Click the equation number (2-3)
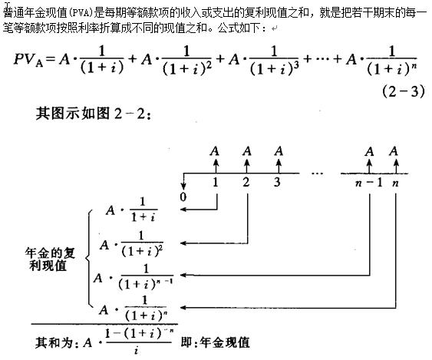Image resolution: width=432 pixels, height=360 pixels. click(x=404, y=91)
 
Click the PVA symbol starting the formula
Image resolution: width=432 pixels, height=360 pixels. click(x=28, y=59)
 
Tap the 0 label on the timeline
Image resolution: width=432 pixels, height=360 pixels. click(x=183, y=197)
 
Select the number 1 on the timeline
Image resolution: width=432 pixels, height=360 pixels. click(x=216, y=182)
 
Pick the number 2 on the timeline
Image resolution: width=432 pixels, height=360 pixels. click(x=246, y=182)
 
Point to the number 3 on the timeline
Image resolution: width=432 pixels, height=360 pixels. click(x=277, y=182)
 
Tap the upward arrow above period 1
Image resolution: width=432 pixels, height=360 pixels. click(x=216, y=165)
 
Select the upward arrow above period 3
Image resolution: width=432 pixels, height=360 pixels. click(x=279, y=165)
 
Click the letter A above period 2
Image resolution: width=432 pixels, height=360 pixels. click(x=247, y=151)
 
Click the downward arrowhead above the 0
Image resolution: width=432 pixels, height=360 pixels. click(x=183, y=187)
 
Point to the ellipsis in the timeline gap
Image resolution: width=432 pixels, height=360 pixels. click(x=317, y=173)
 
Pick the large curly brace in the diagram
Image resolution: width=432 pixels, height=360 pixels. click(x=88, y=259)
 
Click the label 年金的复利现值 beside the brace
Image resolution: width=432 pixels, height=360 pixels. click(x=50, y=259)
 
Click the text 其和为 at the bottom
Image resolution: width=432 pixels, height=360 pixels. click(x=54, y=342)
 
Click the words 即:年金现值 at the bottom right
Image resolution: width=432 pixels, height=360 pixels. click(x=215, y=342)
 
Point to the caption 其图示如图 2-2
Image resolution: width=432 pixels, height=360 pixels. click(x=94, y=113)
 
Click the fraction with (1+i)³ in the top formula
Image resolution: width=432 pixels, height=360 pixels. click(x=274, y=61)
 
